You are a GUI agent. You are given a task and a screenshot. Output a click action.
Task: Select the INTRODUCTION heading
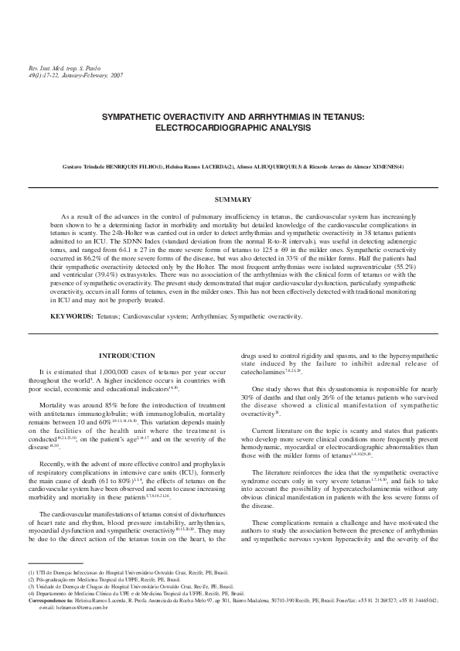(x=123, y=355)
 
